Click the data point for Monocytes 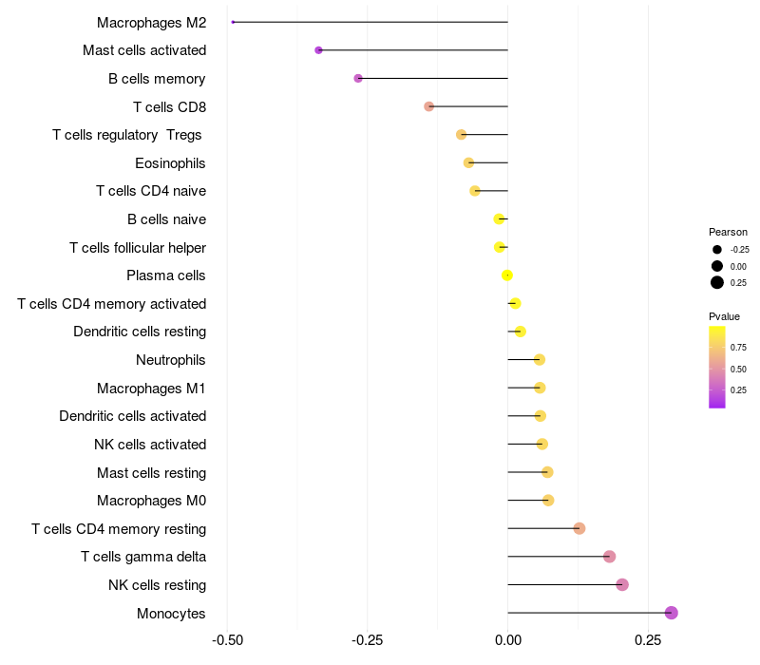point(671,613)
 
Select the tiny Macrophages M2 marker point(233,22)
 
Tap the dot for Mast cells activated point(318,50)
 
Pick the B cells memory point point(358,78)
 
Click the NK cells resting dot point(622,584)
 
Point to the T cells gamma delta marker point(609,557)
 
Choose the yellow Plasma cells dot point(507,275)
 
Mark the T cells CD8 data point point(428,106)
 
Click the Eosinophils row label point(170,163)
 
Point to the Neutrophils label point(171,360)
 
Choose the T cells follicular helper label point(138,248)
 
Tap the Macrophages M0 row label point(151,501)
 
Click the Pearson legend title point(728,232)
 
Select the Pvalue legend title point(724,316)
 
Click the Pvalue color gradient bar point(717,367)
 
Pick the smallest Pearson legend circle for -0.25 point(717,250)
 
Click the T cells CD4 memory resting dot point(579,528)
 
